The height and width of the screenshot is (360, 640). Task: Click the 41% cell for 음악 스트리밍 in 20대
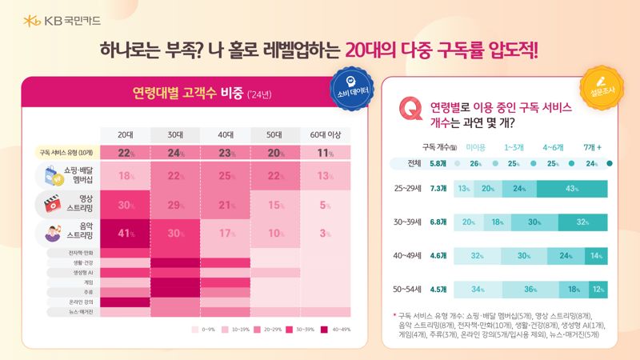[x=125, y=233]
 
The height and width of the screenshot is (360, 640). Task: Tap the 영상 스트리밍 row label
[x=75, y=204]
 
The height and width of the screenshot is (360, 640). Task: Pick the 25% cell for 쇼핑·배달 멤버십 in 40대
[x=226, y=176]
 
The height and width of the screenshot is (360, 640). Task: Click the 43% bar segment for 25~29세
[x=571, y=189]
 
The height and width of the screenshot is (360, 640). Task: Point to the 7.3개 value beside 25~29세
[x=438, y=189]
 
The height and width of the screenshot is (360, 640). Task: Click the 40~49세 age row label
[x=407, y=256]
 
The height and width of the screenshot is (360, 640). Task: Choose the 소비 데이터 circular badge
[x=350, y=86]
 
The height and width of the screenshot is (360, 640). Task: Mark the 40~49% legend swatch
[x=324, y=329]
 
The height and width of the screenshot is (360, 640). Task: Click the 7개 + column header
[x=593, y=147]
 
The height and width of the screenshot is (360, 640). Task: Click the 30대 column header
[x=175, y=134]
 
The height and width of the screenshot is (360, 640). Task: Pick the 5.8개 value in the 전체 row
[x=438, y=164]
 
